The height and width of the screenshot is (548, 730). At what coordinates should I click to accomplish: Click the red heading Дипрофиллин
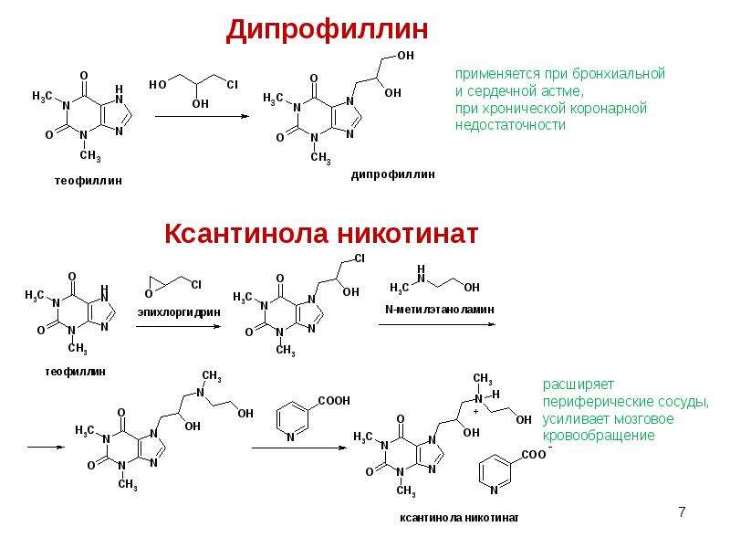327,30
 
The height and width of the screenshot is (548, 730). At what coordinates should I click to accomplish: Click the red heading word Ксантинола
248,233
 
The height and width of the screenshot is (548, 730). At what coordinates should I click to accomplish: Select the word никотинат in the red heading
408,233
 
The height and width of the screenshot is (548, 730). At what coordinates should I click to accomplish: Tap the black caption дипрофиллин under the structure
393,174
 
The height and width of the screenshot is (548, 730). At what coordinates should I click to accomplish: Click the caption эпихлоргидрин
179,312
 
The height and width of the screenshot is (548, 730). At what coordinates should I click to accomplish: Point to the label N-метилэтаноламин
440,310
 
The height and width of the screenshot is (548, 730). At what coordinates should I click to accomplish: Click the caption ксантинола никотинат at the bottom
459,518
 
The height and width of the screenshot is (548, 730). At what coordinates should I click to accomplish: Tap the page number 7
682,512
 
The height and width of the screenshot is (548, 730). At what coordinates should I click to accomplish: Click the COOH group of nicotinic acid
334,401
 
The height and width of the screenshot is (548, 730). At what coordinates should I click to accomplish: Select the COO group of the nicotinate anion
534,454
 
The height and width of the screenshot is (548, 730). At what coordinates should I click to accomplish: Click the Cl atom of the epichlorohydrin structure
196,284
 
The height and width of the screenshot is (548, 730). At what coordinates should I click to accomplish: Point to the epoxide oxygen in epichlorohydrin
149,293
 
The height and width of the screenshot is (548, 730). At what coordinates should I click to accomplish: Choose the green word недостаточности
510,125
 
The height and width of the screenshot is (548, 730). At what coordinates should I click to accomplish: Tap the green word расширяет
579,385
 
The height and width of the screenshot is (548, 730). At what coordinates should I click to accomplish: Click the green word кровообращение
599,436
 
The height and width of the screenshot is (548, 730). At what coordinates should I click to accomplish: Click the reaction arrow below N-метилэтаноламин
437,324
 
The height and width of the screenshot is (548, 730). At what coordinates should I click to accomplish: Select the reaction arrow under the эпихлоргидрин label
178,326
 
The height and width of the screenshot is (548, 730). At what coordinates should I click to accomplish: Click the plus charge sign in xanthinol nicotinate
475,412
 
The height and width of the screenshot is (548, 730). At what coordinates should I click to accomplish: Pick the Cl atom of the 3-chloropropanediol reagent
232,84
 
